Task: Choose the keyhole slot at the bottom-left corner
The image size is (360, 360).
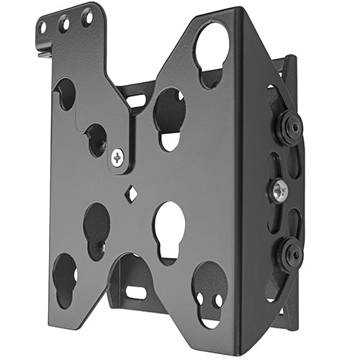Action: point(64,277)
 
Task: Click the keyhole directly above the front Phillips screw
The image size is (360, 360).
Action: point(96,138)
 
